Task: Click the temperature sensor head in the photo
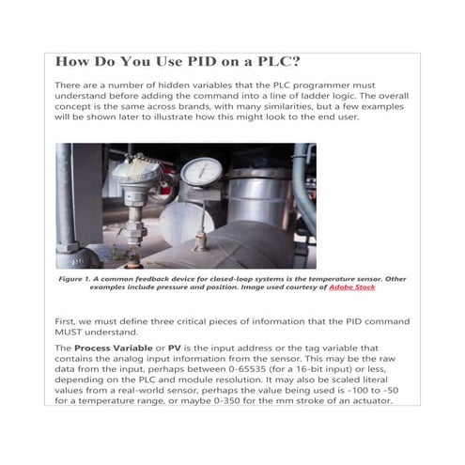[135, 172]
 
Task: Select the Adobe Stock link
[352, 287]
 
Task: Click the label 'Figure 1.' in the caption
[79, 279]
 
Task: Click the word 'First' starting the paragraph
[69, 321]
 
